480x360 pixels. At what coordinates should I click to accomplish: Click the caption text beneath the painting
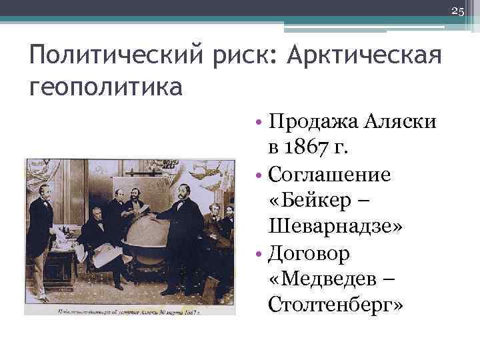(129, 311)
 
